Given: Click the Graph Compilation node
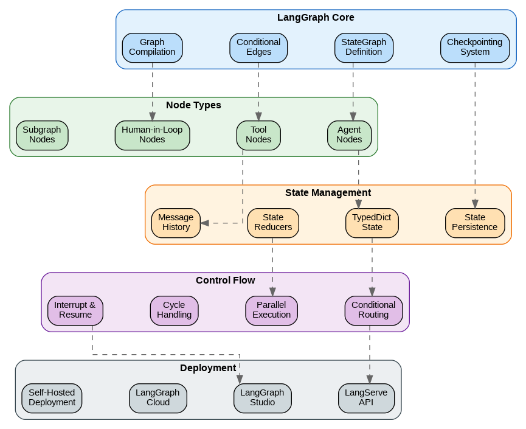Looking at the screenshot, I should click(x=152, y=47).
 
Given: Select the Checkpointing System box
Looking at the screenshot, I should click(x=475, y=47).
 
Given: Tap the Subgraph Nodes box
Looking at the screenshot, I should click(x=42, y=135).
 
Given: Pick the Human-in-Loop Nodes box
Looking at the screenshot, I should click(x=152, y=135).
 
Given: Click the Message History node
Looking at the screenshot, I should click(x=176, y=223).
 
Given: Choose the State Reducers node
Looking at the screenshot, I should click(x=273, y=223).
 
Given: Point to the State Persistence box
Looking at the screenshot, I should click(x=475, y=223).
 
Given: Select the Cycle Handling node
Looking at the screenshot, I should click(x=174, y=310).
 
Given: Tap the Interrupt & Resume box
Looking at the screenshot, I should click(x=75, y=310).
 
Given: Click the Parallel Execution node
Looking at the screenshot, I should click(x=271, y=310).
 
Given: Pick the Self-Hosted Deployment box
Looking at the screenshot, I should click(x=52, y=398).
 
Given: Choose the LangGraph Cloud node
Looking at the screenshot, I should click(x=157, y=398).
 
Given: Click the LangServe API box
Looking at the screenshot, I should click(x=366, y=398).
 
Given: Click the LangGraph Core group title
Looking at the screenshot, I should click(x=316, y=18).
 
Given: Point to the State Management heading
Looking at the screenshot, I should click(x=328, y=193).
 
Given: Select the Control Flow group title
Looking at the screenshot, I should click(x=225, y=281).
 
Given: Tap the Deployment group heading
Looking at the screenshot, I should click(x=208, y=368).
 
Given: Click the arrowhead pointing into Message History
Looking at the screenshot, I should click(x=205, y=223).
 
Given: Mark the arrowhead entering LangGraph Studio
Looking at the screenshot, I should click(x=240, y=380).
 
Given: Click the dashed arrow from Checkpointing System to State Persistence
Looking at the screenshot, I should click(x=475, y=134).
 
